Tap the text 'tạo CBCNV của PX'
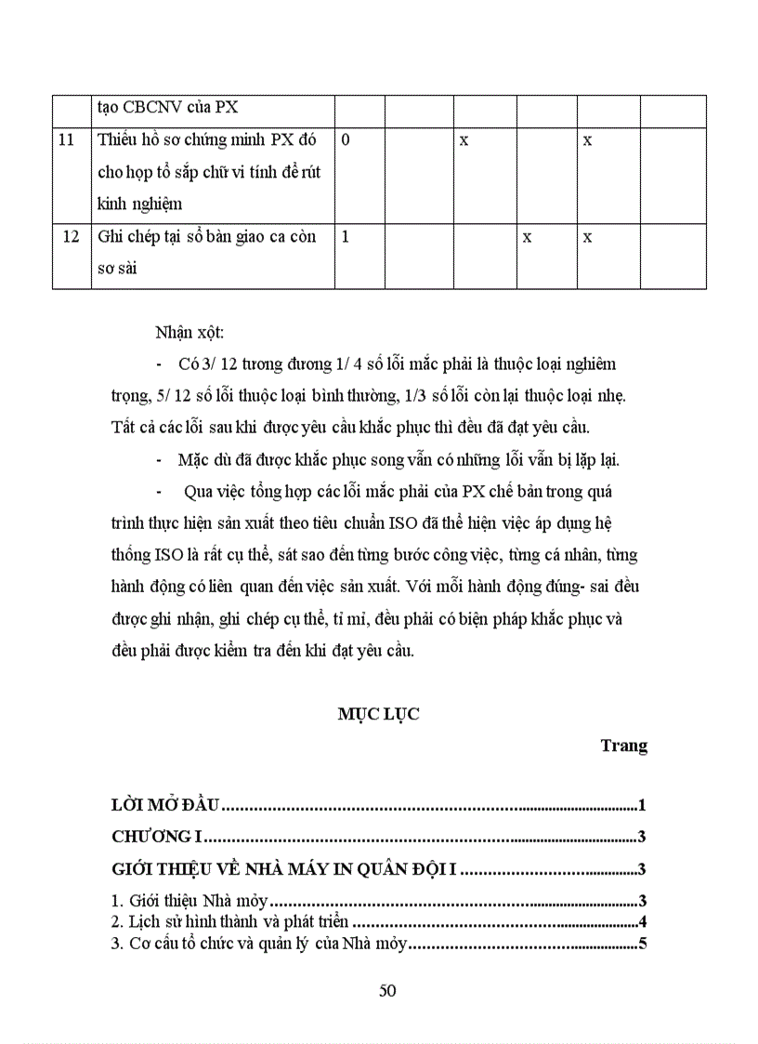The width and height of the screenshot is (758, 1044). (167, 107)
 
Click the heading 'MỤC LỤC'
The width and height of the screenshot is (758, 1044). (379, 714)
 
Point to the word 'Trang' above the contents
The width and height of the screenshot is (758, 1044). (623, 746)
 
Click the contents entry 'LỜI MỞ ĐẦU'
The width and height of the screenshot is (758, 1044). (164, 806)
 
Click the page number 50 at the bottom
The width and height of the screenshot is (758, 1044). (388, 990)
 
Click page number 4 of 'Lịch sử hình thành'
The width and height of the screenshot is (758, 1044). (642, 923)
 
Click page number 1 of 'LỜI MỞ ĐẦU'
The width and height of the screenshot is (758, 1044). (642, 806)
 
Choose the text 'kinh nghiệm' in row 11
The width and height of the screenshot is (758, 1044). (140, 205)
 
